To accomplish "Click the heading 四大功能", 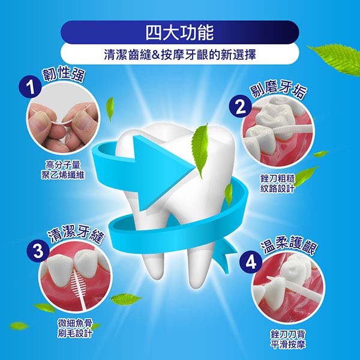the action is pos(180,32).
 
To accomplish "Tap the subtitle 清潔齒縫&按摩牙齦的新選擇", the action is pos(180,55).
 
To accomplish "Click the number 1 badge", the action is pos(30,87).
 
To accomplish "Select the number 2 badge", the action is pos(241,106).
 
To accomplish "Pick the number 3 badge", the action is pos(38,250).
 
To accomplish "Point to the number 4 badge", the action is pos(251,262).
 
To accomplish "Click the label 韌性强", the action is pos(64,74).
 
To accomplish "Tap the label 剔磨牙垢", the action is pos(279,90).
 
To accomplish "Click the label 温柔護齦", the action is pos(289,246).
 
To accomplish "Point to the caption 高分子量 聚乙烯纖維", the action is pos(63,170).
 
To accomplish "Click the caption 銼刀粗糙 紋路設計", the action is pos(278,184).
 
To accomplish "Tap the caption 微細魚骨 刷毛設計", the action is pos(75,329).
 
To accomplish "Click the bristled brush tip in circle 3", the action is pos(77,282).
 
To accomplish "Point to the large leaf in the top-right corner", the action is pos(337,59).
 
